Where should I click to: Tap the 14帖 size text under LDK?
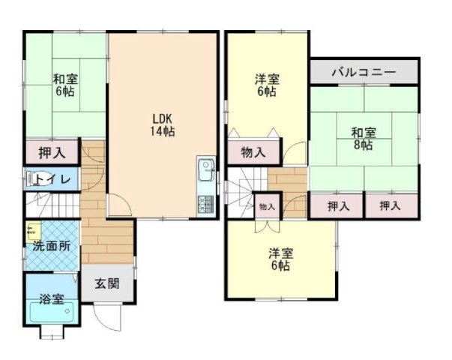(x=163, y=131)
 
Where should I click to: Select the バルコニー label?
(x=364, y=73)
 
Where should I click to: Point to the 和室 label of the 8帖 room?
(x=364, y=133)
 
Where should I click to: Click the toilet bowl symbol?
(x=34, y=179)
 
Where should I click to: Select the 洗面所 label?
(x=51, y=246)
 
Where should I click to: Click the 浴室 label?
(x=51, y=298)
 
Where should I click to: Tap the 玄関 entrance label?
(x=106, y=283)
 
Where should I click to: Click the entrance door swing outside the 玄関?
(x=109, y=316)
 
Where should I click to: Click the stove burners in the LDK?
(x=204, y=203)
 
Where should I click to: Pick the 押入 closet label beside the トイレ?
(x=51, y=153)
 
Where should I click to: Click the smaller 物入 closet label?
(x=266, y=206)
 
